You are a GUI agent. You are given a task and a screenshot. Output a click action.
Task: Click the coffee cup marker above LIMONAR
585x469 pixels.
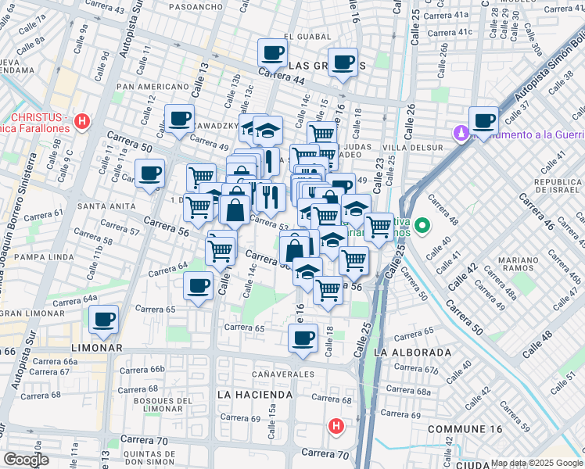(104, 318)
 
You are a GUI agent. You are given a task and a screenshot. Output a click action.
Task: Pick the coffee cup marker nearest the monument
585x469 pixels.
(483, 120)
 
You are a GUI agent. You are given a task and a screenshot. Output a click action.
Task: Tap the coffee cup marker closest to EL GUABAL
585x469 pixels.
(273, 52)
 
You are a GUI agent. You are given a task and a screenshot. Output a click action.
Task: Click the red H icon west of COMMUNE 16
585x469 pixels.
(336, 427)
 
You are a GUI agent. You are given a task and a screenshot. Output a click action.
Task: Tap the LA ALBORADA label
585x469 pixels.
(412, 353)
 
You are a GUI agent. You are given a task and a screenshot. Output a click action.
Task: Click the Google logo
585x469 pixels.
(26, 460)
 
